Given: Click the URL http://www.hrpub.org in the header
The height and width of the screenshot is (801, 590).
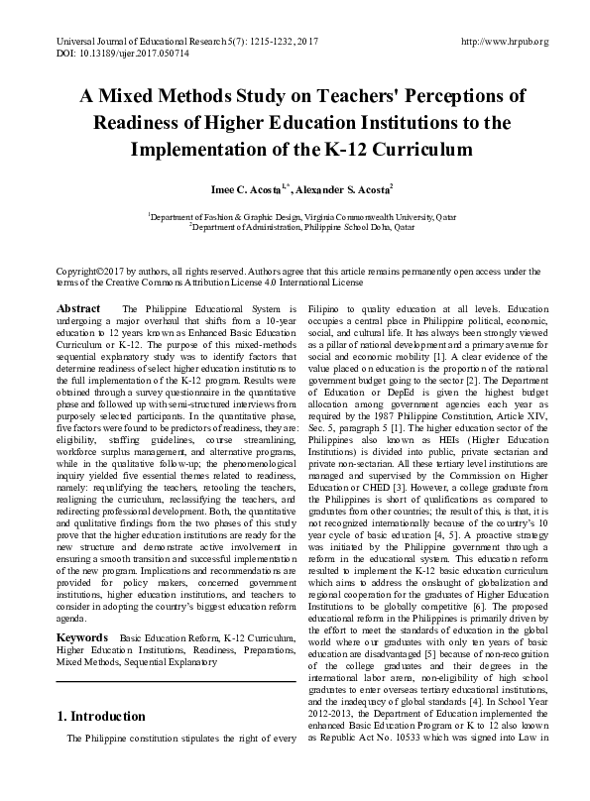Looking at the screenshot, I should tap(507, 41).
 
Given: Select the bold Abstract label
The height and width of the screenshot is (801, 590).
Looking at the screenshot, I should tap(78, 309).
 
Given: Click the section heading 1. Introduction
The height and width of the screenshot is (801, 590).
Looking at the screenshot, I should tap(104, 715).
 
